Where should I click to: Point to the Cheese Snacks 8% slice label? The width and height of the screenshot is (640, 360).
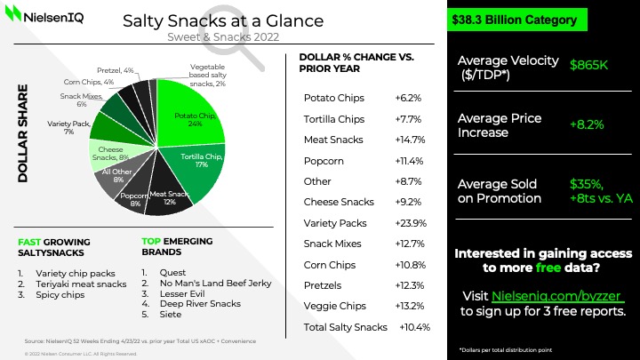coord(110,154)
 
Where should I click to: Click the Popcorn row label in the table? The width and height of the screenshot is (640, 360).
coord(324,160)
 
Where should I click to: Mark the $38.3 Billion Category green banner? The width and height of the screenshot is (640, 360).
coord(514,20)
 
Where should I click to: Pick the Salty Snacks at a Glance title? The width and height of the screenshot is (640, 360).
coord(223,20)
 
